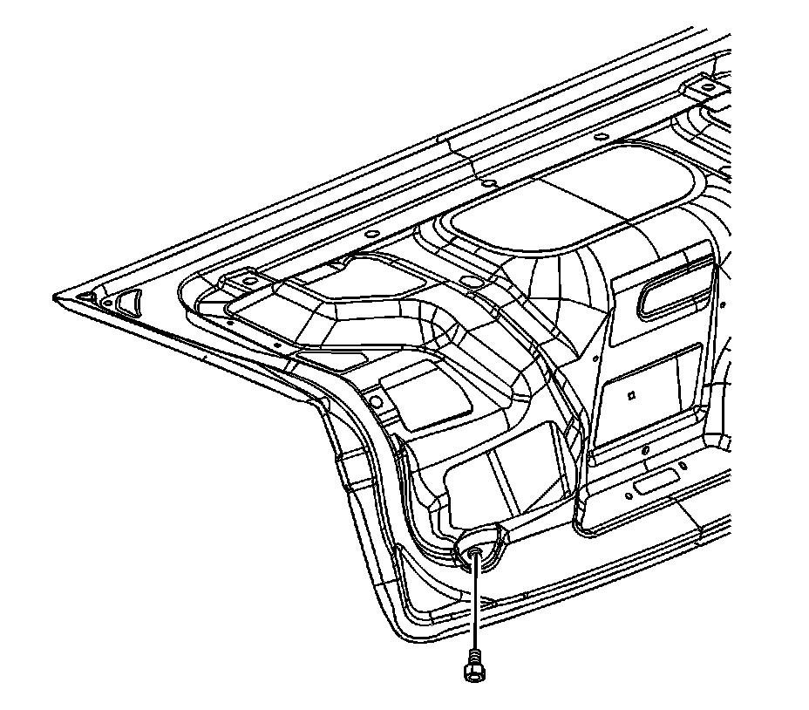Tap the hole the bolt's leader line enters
pos(473,551)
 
